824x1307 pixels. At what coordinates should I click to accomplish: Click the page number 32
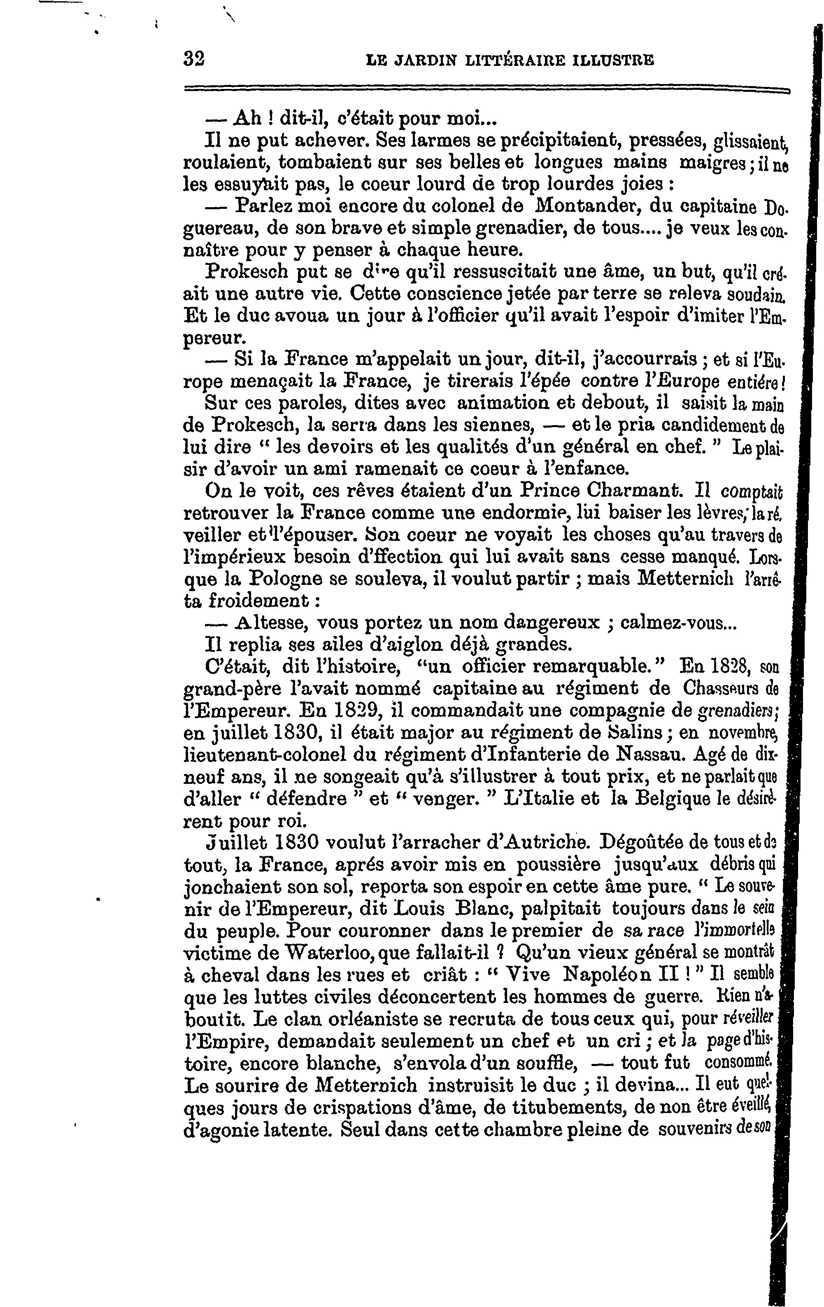tap(194, 58)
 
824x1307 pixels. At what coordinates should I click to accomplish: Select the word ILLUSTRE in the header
tap(613, 60)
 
